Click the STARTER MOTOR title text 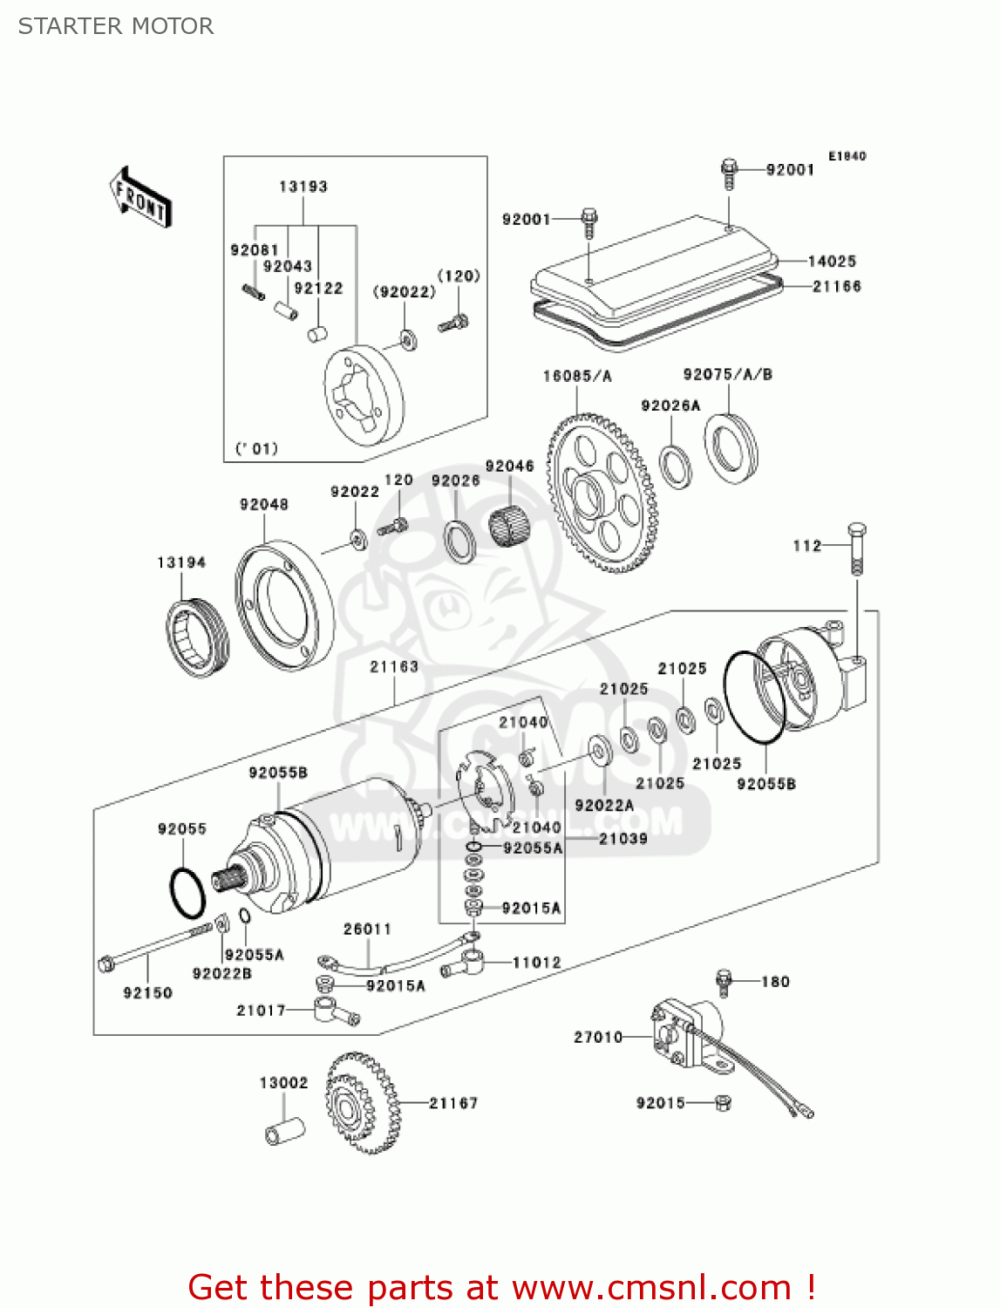click(116, 26)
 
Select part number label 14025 click(832, 261)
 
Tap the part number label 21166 click(836, 286)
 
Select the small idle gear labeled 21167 click(362, 1102)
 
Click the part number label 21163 click(394, 666)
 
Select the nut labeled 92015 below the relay click(722, 1103)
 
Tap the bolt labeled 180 click(723, 981)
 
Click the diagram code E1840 click(847, 156)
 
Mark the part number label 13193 click(303, 187)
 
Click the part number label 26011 click(367, 929)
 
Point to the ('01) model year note click(256, 448)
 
